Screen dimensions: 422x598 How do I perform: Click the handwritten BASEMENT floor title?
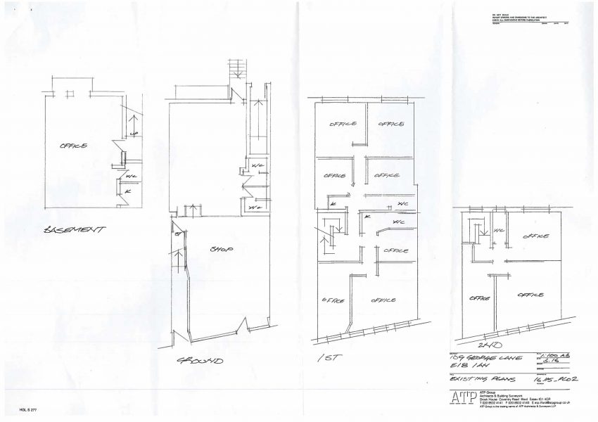pyautogui.click(x=74, y=230)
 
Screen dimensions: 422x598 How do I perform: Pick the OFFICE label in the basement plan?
pyautogui.click(x=73, y=146)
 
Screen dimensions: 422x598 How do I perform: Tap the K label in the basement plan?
pyautogui.click(x=127, y=191)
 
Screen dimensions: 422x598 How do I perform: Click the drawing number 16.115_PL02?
pyautogui.click(x=555, y=378)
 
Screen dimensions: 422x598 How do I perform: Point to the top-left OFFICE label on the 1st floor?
pyautogui.click(x=343, y=124)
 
